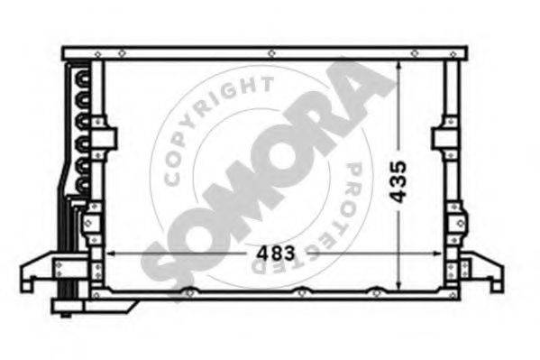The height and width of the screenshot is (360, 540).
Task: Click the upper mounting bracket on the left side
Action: tap(106, 141)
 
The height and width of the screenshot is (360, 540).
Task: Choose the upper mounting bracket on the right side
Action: tap(444, 140)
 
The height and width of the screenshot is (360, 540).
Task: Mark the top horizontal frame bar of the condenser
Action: tap(270, 52)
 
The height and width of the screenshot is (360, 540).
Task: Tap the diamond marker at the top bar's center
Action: tap(271, 53)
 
